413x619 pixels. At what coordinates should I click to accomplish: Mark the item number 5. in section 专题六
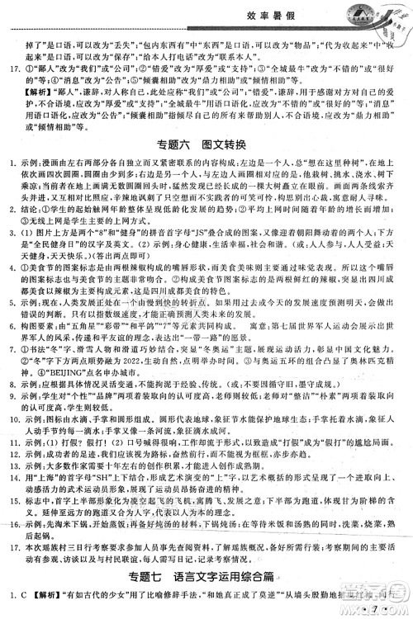(11, 318)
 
